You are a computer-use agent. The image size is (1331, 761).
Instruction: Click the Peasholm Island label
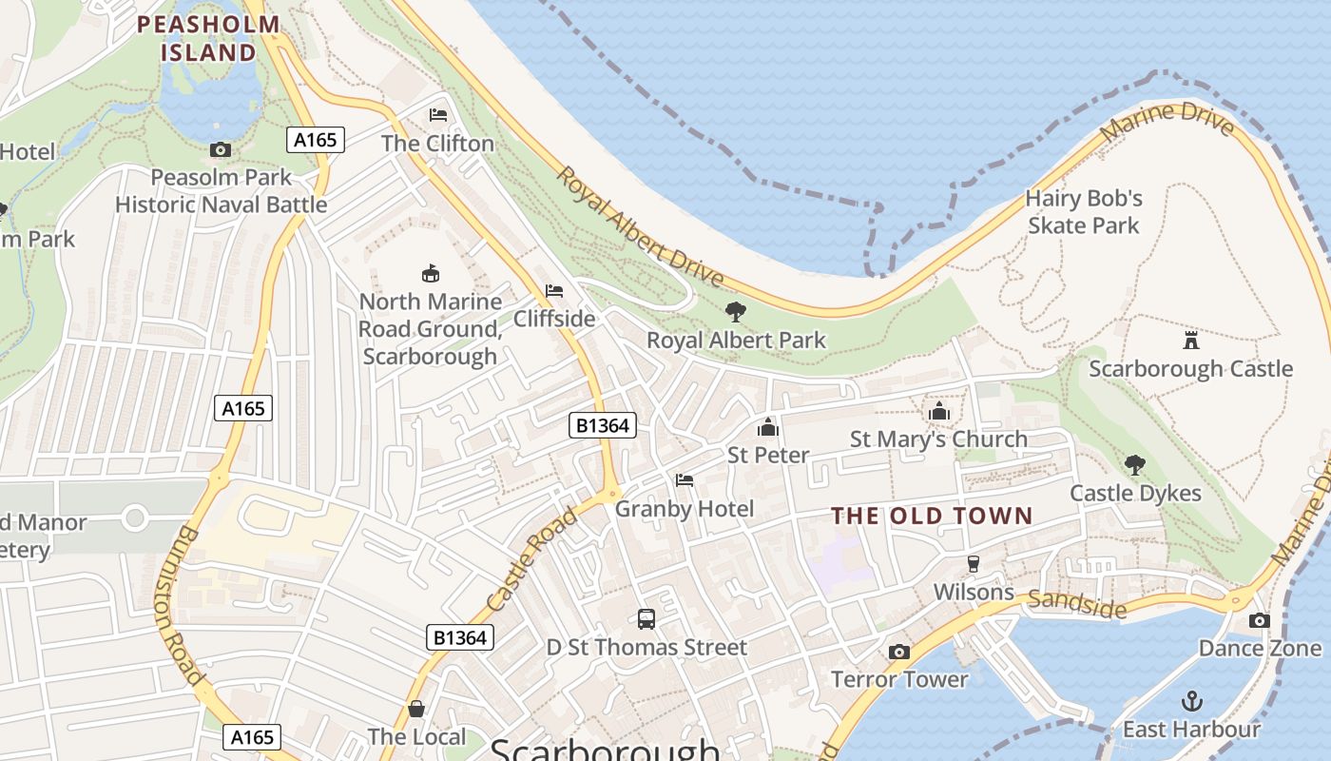pos(208,38)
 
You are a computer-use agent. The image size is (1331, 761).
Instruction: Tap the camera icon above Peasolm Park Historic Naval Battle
pos(221,149)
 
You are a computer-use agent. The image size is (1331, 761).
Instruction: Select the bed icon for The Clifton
pos(438,115)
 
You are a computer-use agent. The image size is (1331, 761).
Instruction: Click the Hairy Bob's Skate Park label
pos(1084,212)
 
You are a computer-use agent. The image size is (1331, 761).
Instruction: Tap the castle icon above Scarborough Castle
pos(1190,340)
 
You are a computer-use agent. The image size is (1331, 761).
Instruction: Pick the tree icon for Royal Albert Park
pos(735,311)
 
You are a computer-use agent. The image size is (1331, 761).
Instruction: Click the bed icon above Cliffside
pos(554,290)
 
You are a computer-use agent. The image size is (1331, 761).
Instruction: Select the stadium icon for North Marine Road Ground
pos(431,273)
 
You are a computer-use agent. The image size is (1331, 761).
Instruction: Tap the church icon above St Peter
pos(768,427)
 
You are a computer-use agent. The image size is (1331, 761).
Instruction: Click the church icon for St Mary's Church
pos(939,411)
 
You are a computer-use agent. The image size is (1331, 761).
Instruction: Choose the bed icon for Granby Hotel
pos(685,480)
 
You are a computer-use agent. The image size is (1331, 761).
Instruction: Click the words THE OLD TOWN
pos(932,517)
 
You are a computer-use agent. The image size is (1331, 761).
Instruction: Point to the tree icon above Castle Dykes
pos(1135,465)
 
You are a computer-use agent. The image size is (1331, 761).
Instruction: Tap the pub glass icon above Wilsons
pos(973,563)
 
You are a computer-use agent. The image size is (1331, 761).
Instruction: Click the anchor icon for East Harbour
pos(1191,701)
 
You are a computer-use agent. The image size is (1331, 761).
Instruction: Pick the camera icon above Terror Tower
pos(898,652)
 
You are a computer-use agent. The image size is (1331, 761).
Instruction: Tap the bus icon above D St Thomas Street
pos(646,619)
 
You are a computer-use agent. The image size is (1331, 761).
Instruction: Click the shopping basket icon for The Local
pos(416,709)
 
